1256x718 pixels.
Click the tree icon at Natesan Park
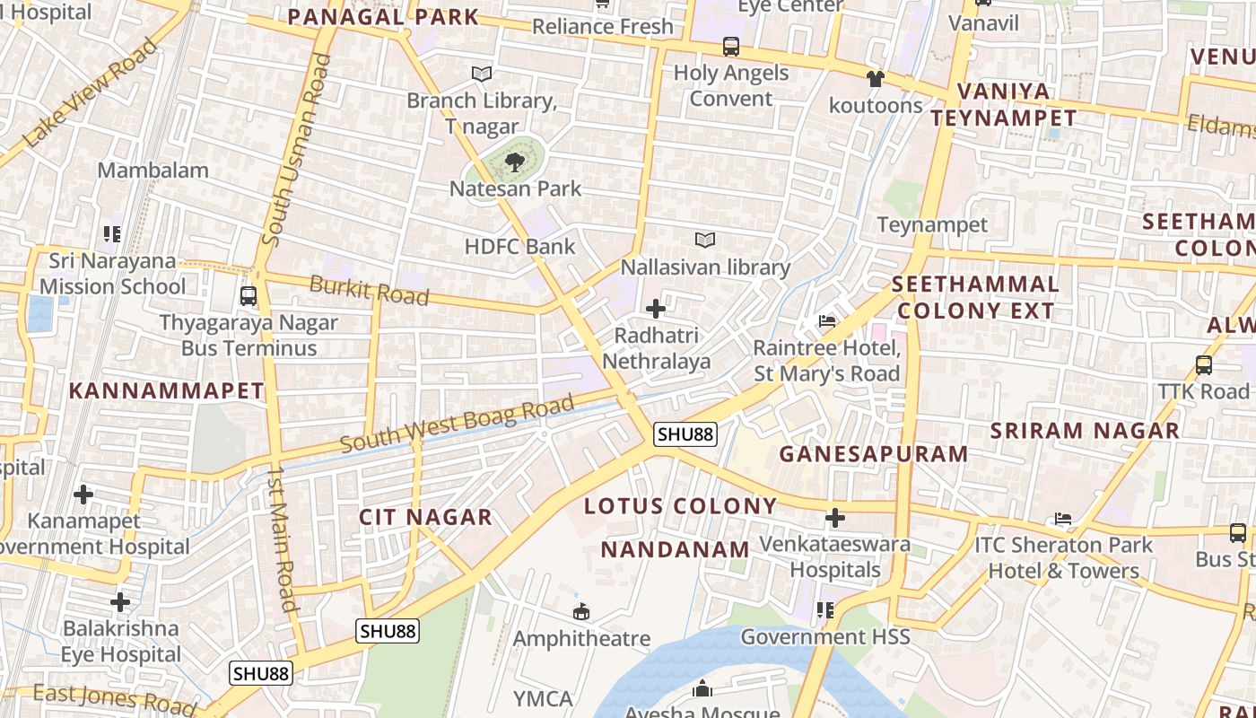(x=514, y=162)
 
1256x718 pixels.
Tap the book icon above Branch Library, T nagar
(x=482, y=74)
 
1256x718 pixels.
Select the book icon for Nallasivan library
(x=705, y=241)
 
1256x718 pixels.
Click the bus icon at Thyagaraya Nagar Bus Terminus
(x=249, y=295)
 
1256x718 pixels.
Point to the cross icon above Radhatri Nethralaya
(x=656, y=309)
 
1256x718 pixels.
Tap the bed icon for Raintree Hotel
(x=826, y=321)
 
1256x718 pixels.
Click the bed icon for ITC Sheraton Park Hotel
(x=1063, y=519)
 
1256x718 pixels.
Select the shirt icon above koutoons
(x=876, y=79)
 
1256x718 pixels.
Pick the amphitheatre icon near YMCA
(x=581, y=612)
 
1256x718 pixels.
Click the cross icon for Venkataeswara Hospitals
(x=835, y=517)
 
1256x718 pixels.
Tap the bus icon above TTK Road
(x=1204, y=365)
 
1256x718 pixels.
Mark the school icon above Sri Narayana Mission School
(x=112, y=234)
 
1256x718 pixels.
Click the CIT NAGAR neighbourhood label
(x=425, y=517)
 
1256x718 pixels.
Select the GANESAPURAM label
(x=873, y=454)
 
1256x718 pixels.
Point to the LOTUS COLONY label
(x=680, y=506)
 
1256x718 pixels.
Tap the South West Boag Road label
(x=457, y=425)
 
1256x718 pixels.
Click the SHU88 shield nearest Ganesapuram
(x=685, y=434)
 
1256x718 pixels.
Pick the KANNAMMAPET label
(x=166, y=391)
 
